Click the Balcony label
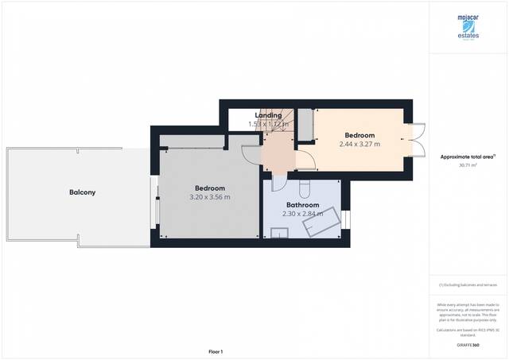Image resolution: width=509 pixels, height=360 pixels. click(x=82, y=192)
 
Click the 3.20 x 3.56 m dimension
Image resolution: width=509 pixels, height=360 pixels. click(x=210, y=197)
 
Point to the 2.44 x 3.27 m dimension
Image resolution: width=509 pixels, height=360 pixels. click(x=359, y=144)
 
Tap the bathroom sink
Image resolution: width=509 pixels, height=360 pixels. click(x=279, y=233)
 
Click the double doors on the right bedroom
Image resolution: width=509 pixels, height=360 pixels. click(x=419, y=140)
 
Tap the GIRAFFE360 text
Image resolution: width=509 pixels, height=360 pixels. click(x=468, y=345)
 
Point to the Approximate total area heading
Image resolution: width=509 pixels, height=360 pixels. click(x=468, y=157)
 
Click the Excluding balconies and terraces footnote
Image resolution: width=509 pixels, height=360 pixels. click(x=468, y=285)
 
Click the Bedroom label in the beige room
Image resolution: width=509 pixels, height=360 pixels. click(x=359, y=134)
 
